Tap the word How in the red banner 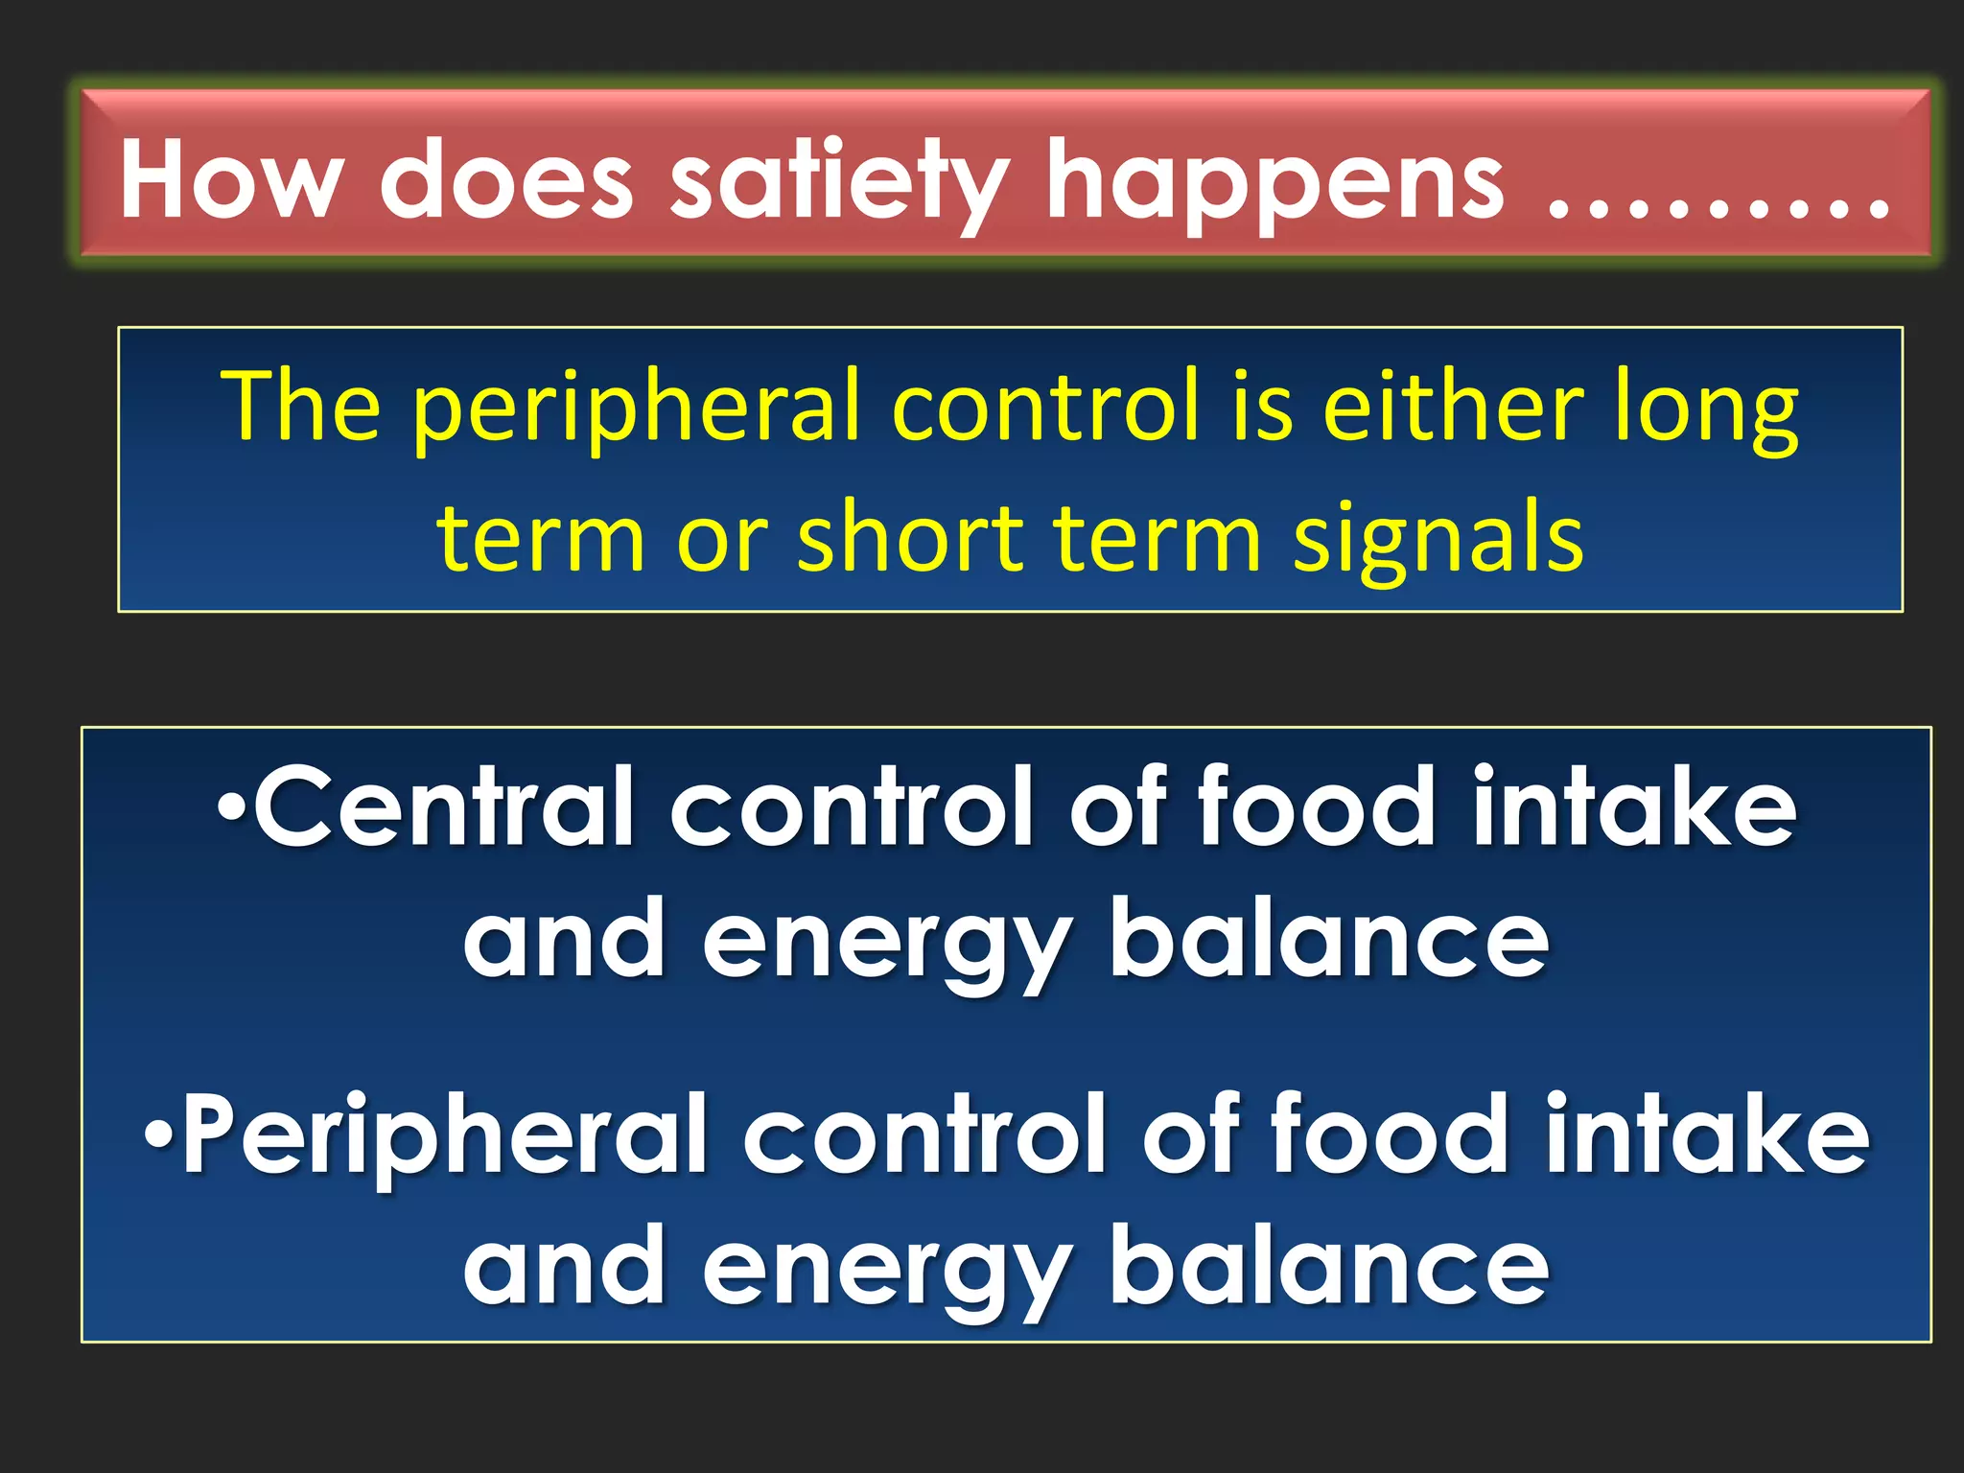click(231, 180)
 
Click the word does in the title click(505, 180)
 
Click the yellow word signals click(1438, 541)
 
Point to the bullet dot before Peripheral click(159, 1135)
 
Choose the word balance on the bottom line click(1329, 1268)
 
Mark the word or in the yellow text click(721, 539)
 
